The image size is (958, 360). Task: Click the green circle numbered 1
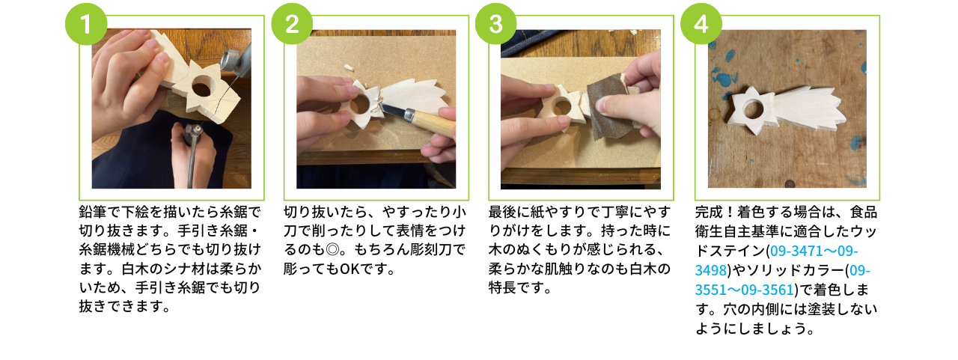(86, 24)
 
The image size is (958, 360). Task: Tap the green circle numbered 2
(292, 24)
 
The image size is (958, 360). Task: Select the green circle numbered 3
(496, 24)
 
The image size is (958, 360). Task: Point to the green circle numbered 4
(701, 24)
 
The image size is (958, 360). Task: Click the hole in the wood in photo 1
(201, 86)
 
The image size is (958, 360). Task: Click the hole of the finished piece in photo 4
(754, 110)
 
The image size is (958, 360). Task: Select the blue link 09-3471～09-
(814, 251)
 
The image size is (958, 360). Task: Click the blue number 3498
(711, 270)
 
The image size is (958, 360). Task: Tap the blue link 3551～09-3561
(745, 290)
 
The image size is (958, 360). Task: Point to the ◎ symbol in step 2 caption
(332, 250)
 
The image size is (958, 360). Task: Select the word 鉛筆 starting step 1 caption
(93, 212)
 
